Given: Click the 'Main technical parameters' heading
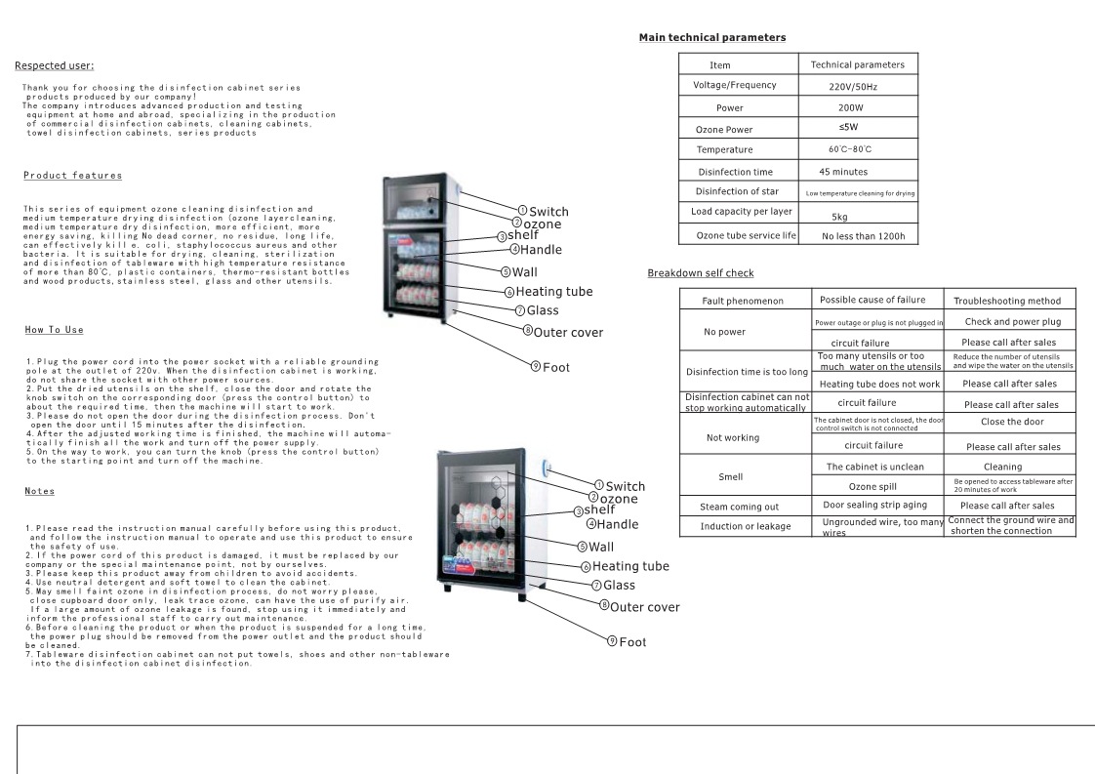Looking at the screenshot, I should point(711,37).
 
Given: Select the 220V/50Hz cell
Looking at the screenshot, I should point(858,87).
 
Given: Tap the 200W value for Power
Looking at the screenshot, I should point(850,108).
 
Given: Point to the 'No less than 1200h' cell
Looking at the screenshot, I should point(864,236).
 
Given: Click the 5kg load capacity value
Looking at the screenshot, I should point(839,217).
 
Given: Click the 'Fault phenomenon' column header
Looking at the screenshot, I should point(743,301).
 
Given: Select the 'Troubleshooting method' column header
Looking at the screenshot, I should point(1013,301).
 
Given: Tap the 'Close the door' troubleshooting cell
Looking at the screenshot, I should point(1012,422).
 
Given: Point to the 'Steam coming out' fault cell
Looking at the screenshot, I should point(739,508).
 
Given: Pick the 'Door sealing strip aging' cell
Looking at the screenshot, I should point(874,506).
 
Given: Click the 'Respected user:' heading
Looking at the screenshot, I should point(54,65).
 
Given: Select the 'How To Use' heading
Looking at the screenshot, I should point(54,330).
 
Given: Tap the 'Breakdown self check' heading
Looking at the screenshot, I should point(700,273).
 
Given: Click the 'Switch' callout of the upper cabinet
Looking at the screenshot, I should point(548,212).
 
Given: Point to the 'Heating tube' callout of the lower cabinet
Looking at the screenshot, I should point(630,566).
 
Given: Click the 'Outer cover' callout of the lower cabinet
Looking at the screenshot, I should point(644,607).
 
